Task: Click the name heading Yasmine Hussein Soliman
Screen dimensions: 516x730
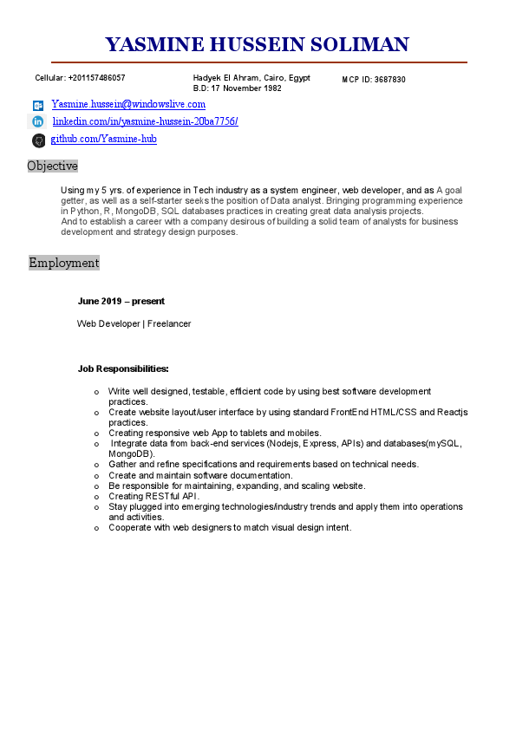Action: point(257,45)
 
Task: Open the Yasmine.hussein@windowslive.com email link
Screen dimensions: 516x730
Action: point(128,104)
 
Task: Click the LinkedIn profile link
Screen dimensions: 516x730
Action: point(145,121)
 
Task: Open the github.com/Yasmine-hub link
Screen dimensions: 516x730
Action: point(103,139)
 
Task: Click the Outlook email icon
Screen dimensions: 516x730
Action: point(38,105)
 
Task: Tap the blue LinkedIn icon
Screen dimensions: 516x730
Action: point(38,122)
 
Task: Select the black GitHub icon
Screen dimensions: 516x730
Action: point(38,140)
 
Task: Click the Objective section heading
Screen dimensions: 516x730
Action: point(52,166)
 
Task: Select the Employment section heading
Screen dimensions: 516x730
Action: point(64,263)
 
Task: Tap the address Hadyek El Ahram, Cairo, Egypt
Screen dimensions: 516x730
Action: point(251,78)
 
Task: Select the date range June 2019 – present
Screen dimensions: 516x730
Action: point(121,302)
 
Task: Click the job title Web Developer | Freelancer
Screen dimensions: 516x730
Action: point(134,323)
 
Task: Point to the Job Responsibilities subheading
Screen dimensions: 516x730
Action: point(123,368)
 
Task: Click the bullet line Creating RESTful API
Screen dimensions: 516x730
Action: point(153,496)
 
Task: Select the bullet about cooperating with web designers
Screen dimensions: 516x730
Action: point(230,527)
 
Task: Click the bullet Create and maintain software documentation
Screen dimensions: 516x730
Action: point(200,475)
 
